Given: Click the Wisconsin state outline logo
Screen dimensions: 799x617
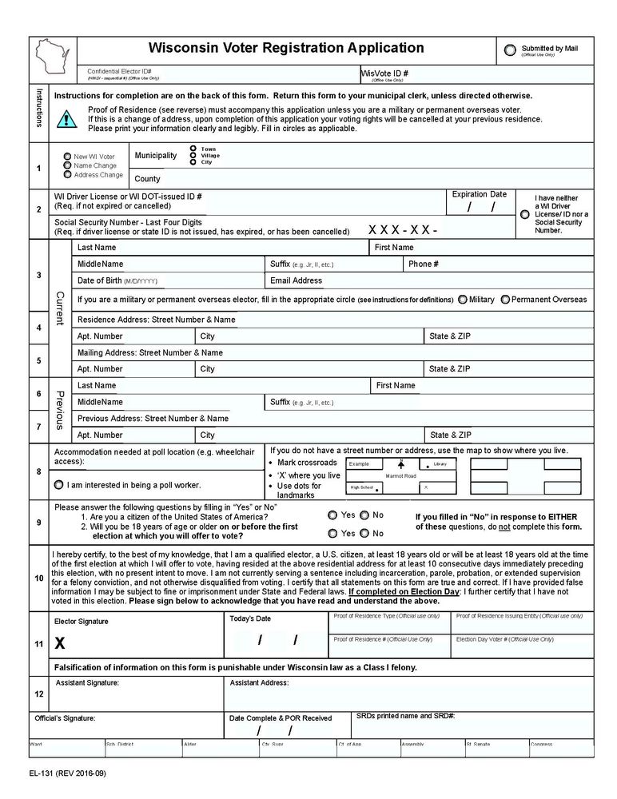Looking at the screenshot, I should (x=53, y=58).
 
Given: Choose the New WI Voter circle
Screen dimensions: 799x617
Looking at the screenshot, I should (x=67, y=157).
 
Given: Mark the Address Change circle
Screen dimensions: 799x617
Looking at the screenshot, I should (x=67, y=174).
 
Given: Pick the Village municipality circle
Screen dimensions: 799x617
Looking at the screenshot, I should (x=193, y=155).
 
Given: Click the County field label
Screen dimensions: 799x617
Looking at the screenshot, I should (x=147, y=179).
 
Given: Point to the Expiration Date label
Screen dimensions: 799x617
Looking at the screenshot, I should (x=479, y=194).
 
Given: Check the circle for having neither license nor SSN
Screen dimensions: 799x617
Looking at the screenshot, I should (x=524, y=214).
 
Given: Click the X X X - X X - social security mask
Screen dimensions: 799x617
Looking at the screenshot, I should (x=403, y=230).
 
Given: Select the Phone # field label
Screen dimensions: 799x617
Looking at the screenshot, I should (x=420, y=264).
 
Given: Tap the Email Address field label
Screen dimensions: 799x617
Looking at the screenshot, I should (x=296, y=280).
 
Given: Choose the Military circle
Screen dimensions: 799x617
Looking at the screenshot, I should (x=463, y=300).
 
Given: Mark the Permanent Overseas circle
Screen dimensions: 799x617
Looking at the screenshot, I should (x=504, y=300).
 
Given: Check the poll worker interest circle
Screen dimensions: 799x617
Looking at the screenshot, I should (x=59, y=485).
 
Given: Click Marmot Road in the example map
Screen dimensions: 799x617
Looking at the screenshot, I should (x=400, y=475).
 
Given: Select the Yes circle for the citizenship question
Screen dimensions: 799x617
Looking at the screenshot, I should (x=332, y=515).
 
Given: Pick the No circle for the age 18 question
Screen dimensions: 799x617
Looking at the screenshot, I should (x=364, y=533).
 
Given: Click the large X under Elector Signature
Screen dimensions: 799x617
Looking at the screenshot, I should (x=60, y=642).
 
